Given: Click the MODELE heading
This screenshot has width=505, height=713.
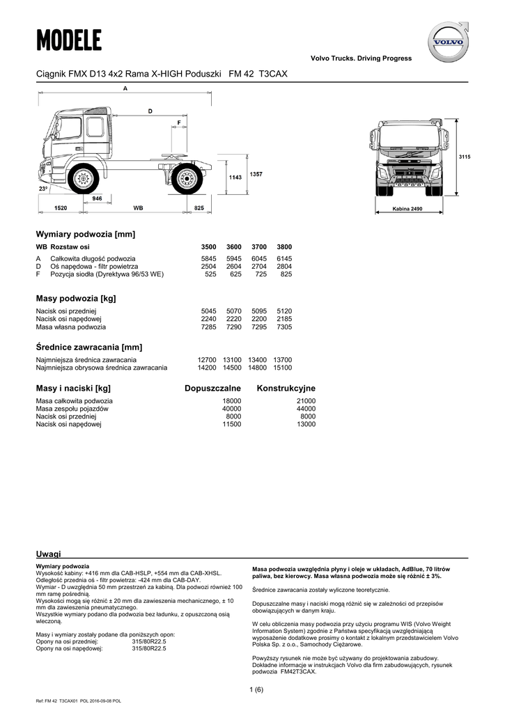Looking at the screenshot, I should pyautogui.click(x=69, y=40).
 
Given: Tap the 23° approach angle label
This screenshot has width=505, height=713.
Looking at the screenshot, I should pyautogui.click(x=43, y=189).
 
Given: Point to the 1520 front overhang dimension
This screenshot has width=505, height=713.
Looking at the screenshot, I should pyautogui.click(x=60, y=208).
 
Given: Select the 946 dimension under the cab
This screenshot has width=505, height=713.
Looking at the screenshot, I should pyautogui.click(x=97, y=198).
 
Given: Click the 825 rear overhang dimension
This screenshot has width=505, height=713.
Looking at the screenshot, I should pyautogui.click(x=199, y=208).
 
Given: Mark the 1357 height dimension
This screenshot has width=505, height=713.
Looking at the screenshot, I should pyautogui.click(x=257, y=173).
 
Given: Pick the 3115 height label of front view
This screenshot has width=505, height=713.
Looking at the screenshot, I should pyautogui.click(x=465, y=157).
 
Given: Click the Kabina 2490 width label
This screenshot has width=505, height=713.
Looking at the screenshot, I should pyautogui.click(x=407, y=209).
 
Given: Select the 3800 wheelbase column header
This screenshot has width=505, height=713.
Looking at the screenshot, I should pyautogui.click(x=284, y=246).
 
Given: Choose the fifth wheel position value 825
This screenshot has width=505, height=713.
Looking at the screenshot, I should pyautogui.click(x=286, y=274).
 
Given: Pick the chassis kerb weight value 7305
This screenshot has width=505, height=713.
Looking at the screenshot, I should pyautogui.click(x=284, y=327).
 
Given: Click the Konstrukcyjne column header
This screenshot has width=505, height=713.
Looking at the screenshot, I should pyautogui.click(x=286, y=388).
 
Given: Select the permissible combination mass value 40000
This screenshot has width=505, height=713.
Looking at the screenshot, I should pyautogui.click(x=231, y=409).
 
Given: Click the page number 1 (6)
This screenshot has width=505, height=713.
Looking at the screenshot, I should pyautogui.click(x=256, y=689).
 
